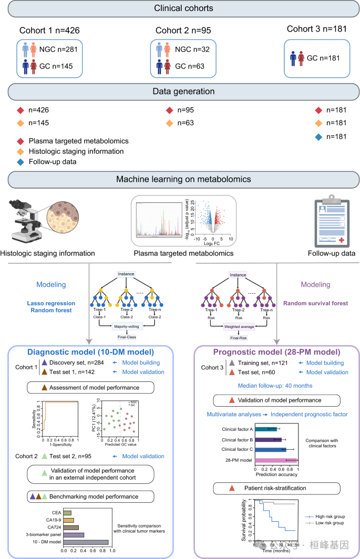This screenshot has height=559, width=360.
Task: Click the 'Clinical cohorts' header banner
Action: (180, 9)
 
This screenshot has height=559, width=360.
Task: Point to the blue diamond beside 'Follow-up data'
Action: (20, 162)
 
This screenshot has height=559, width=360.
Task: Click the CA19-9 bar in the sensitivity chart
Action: (69, 520)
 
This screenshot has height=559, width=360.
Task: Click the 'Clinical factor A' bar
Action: (265, 429)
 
